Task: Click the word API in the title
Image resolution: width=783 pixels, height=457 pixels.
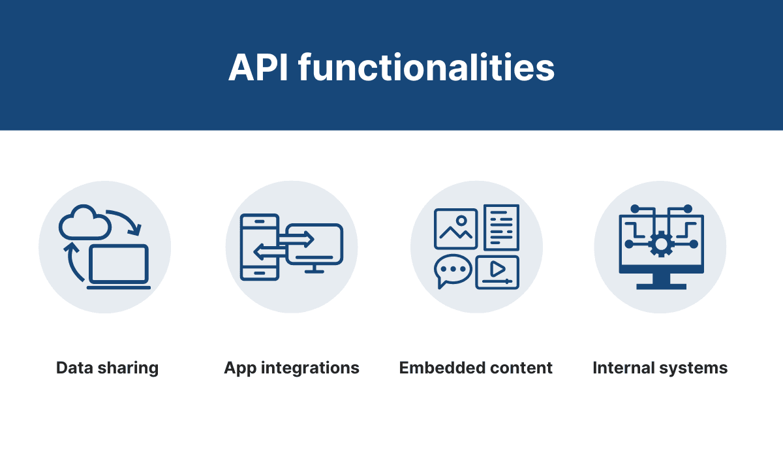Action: point(258,67)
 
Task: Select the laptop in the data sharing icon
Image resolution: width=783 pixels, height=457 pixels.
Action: point(119,267)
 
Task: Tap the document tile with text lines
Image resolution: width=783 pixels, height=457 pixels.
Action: point(501,227)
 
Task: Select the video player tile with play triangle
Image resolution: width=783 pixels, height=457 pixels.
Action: point(497,271)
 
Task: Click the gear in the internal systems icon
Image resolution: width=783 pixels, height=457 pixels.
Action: point(661,244)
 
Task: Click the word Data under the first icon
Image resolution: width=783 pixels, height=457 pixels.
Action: point(74,368)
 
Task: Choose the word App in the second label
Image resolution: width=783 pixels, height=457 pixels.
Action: point(240,368)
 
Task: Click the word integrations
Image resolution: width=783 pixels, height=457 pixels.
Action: point(309,368)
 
